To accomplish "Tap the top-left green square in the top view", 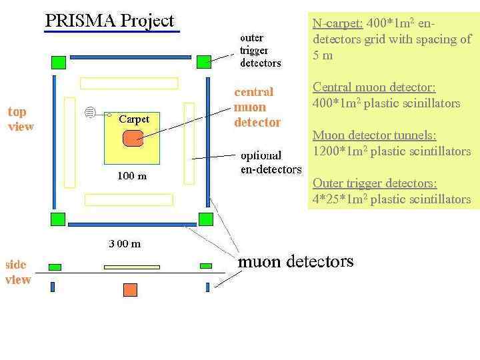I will pyautogui.click(x=59, y=62).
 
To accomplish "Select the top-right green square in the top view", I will pyautogui.click(x=203, y=62).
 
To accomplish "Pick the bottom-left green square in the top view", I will pyautogui.click(x=59, y=218).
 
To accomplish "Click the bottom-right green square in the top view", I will pyautogui.click(x=206, y=219).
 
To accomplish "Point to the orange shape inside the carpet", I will pyautogui.click(x=132, y=138).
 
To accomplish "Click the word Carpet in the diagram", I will pyautogui.click(x=134, y=119).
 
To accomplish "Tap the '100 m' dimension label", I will pyautogui.click(x=131, y=176).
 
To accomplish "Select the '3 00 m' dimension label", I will pyautogui.click(x=125, y=243).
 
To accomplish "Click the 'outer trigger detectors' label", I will pyautogui.click(x=261, y=51).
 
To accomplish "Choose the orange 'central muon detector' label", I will pyautogui.click(x=257, y=107).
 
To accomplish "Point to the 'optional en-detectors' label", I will pyautogui.click(x=271, y=163).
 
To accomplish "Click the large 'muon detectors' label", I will pyautogui.click(x=295, y=261).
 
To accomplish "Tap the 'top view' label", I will pyautogui.click(x=21, y=119).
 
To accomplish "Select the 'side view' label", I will pyautogui.click(x=19, y=272).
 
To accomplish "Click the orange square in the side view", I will pyautogui.click(x=130, y=289).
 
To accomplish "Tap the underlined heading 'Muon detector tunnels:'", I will pyautogui.click(x=375, y=135).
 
